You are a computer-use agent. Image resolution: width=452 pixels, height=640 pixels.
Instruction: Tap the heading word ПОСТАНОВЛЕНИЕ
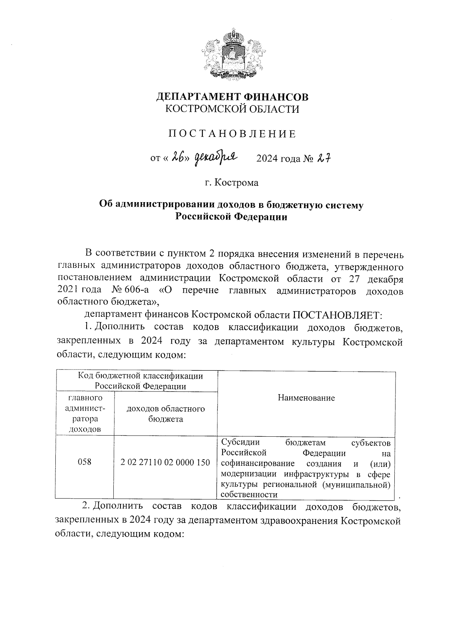pos(232,134)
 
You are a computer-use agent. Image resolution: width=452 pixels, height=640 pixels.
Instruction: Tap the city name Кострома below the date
pos(237,183)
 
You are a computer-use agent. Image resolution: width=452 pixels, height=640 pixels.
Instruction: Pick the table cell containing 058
pos(84,462)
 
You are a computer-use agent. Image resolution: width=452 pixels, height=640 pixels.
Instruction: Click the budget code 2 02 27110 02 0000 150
pos(165,462)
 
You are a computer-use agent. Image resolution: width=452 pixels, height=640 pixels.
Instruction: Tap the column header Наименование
pos(306,398)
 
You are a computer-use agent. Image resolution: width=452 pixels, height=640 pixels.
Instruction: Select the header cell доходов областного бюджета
pos(165,414)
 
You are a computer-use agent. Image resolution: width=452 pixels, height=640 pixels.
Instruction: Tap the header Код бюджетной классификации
pos(140,376)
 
